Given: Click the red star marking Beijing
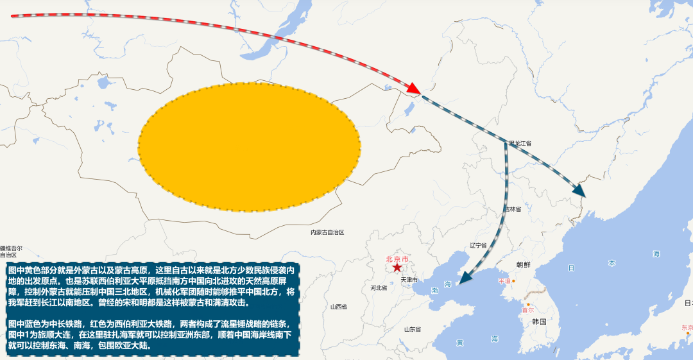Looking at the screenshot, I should click(x=397, y=267).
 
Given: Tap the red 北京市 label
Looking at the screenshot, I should click(x=397, y=259).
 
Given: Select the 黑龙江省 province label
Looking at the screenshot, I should click(x=520, y=143).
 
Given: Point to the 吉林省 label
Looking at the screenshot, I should click(x=511, y=209).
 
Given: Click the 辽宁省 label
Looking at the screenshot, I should click(x=479, y=245).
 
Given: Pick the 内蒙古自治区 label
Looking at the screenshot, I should click(x=327, y=232).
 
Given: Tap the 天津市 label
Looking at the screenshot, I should click(x=409, y=280).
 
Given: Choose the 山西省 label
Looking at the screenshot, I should click(x=338, y=307).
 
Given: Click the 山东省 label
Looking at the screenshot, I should click(x=412, y=329).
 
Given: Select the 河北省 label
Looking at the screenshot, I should click(x=379, y=287).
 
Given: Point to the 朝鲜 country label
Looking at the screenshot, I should click(x=524, y=264).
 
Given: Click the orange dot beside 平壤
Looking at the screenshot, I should click(x=513, y=281).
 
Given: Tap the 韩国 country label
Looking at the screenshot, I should click(x=539, y=321).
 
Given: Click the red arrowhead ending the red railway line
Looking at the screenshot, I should click(x=414, y=89).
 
